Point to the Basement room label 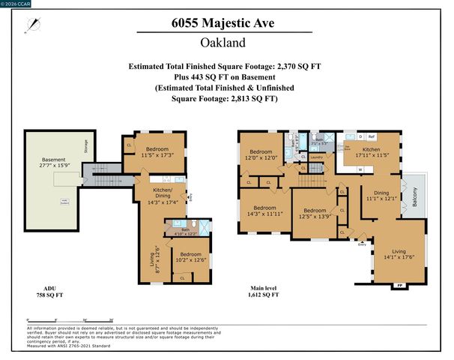[x=53, y=163]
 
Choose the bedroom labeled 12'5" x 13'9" [x=315, y=213]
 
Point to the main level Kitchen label [x=372, y=153]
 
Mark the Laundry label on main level [x=317, y=157]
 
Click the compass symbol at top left [x=29, y=25]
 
